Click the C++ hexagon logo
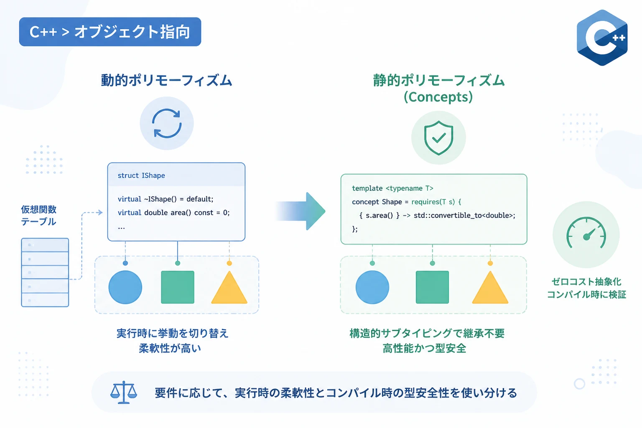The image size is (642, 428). pyautogui.click(x=602, y=38)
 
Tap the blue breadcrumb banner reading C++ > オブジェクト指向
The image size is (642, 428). pyautogui.click(x=110, y=31)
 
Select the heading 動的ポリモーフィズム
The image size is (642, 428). pyautogui.click(x=166, y=80)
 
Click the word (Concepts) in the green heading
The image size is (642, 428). pyautogui.click(x=438, y=97)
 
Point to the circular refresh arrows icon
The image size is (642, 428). pyautogui.click(x=167, y=123)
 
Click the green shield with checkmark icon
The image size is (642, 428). pyautogui.click(x=438, y=138)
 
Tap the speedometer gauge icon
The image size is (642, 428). pyautogui.click(x=586, y=233)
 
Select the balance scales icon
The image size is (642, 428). pyautogui.click(x=124, y=392)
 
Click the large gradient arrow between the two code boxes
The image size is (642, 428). pyautogui.click(x=301, y=211)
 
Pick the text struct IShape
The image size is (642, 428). pyautogui.click(x=141, y=176)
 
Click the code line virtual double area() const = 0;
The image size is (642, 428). pyautogui.click(x=174, y=213)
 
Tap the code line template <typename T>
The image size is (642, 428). pyautogui.click(x=392, y=189)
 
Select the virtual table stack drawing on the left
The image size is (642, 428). pyautogui.click(x=45, y=273)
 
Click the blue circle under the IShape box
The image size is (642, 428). pyautogui.click(x=125, y=287)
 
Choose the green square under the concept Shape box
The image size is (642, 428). pyautogui.click(x=432, y=287)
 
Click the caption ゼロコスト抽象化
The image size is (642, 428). pyautogui.click(x=586, y=282)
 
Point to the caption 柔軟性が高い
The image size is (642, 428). pyautogui.click(x=170, y=348)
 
